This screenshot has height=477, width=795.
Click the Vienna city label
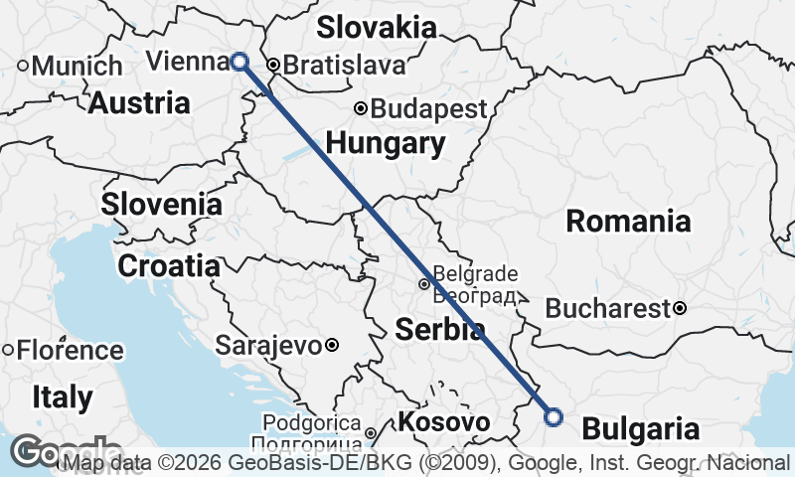[x=187, y=62]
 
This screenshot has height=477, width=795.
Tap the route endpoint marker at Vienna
[x=239, y=62]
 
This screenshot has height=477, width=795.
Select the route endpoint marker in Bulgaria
[x=554, y=417]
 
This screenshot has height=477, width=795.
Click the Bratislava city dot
[x=272, y=67]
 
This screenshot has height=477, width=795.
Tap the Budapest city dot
[x=362, y=109]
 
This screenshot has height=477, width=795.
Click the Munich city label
[x=78, y=67]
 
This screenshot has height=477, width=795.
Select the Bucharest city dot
[x=680, y=308]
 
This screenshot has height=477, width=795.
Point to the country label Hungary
[x=386, y=143]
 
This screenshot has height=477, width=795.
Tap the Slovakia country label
[x=377, y=27]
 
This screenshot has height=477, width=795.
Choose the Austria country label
[x=139, y=102]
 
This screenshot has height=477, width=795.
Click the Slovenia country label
[x=162, y=205]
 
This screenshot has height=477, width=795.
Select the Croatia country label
[x=169, y=265]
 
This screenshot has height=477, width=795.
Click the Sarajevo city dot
[x=332, y=346]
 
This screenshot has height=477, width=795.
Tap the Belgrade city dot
[x=424, y=284]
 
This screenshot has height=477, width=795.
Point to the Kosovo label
[x=443, y=423]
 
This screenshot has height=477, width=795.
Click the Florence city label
[x=69, y=351]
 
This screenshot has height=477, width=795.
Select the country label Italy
[x=62, y=398]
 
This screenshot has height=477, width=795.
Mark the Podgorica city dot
[x=370, y=433]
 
